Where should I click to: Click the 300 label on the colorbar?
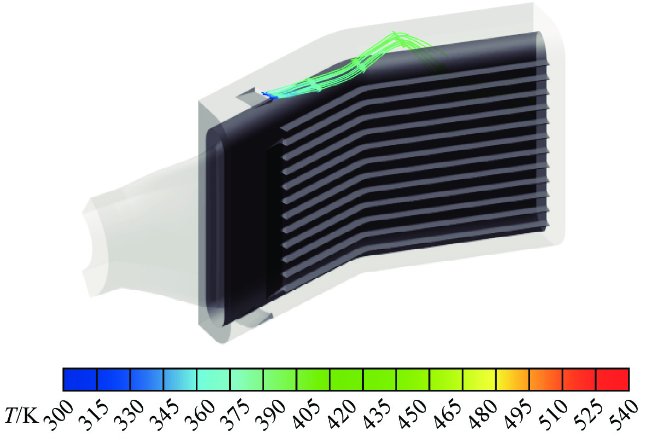[x=59, y=415]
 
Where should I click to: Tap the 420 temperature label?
[x=341, y=415]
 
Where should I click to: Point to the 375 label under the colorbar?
[x=235, y=415]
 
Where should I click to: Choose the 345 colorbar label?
[x=165, y=415]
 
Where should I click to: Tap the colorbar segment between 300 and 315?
[x=80, y=380]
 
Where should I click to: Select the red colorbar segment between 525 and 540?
[x=613, y=380]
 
